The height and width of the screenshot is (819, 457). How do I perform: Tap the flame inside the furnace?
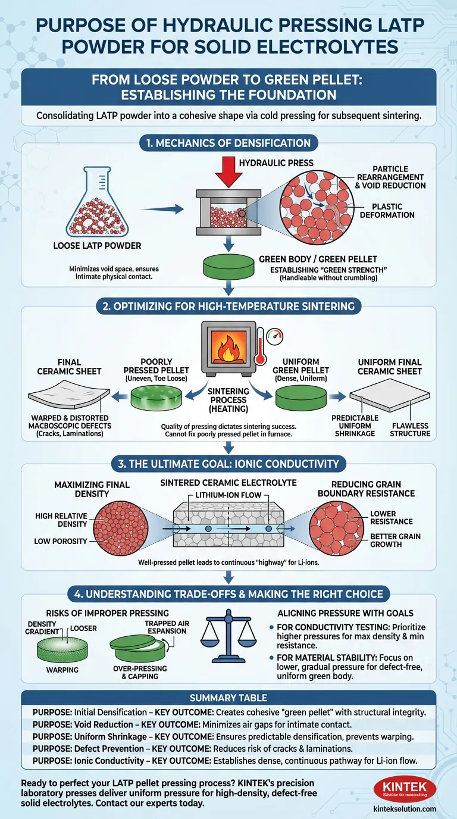[228, 348]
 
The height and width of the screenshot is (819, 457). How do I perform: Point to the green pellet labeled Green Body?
[228, 267]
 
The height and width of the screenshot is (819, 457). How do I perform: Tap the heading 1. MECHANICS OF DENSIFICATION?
[228, 143]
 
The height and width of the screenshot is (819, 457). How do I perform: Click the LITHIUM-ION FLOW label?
[228, 496]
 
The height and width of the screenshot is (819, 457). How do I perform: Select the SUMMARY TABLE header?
[228, 698]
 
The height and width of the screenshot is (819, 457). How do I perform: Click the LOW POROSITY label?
[60, 541]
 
